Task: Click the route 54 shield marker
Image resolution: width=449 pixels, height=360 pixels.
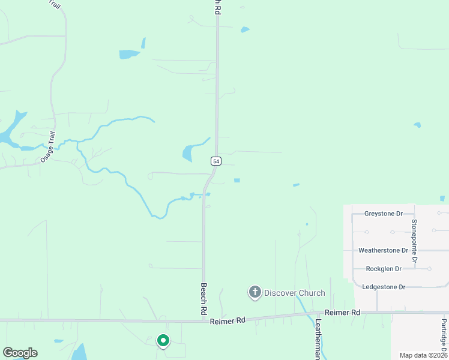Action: point(216,161)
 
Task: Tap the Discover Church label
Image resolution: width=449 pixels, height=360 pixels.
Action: point(294,293)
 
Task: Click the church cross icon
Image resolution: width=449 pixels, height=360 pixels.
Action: point(255,292)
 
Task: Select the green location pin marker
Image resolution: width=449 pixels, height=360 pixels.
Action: point(163,340)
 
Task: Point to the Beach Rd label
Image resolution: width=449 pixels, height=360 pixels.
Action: point(204,299)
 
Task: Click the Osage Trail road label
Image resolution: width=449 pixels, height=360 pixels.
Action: point(47,147)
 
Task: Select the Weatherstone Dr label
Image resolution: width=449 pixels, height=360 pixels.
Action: point(383,250)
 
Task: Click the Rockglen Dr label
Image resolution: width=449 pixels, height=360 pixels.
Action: point(383,268)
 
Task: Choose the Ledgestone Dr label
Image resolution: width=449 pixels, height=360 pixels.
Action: point(384,287)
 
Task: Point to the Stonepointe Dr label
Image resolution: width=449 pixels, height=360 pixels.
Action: point(414,242)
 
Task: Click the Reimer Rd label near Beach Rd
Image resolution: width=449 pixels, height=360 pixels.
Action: point(228,321)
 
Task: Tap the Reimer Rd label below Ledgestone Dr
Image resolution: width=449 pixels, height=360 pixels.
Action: point(342,313)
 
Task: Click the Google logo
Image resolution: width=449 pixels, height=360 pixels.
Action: point(20,352)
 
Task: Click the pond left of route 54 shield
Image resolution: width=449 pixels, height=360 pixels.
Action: point(188,153)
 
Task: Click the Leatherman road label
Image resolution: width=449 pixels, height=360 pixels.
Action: point(318,338)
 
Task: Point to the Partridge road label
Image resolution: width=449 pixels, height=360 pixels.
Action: point(444,336)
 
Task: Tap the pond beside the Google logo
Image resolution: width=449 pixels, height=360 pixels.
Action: point(79,352)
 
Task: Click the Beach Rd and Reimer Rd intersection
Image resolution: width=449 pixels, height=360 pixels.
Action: point(204,320)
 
